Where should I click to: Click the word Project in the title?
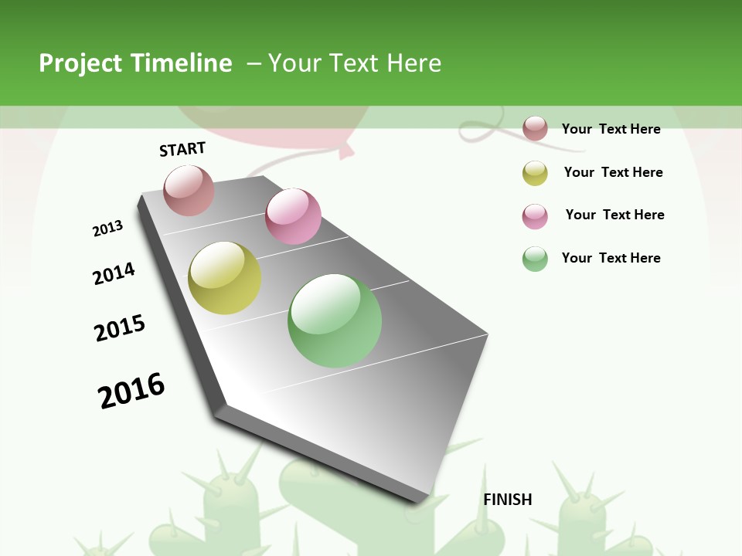point(80,63)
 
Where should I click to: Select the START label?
point(182,149)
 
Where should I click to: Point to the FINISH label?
point(508,500)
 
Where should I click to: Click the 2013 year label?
point(107,229)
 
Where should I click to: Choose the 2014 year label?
point(114,273)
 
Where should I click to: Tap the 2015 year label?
point(120,328)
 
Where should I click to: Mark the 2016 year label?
point(131,391)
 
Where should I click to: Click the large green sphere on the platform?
point(335,320)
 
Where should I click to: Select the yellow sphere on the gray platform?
point(224,278)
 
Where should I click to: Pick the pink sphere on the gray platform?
point(293,216)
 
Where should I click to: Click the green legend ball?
point(535,259)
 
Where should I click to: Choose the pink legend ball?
point(535,216)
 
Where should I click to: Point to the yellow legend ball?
point(535,173)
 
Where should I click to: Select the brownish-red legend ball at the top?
point(535,128)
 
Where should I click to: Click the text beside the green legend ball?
point(611,258)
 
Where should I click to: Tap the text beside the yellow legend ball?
point(613,172)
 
